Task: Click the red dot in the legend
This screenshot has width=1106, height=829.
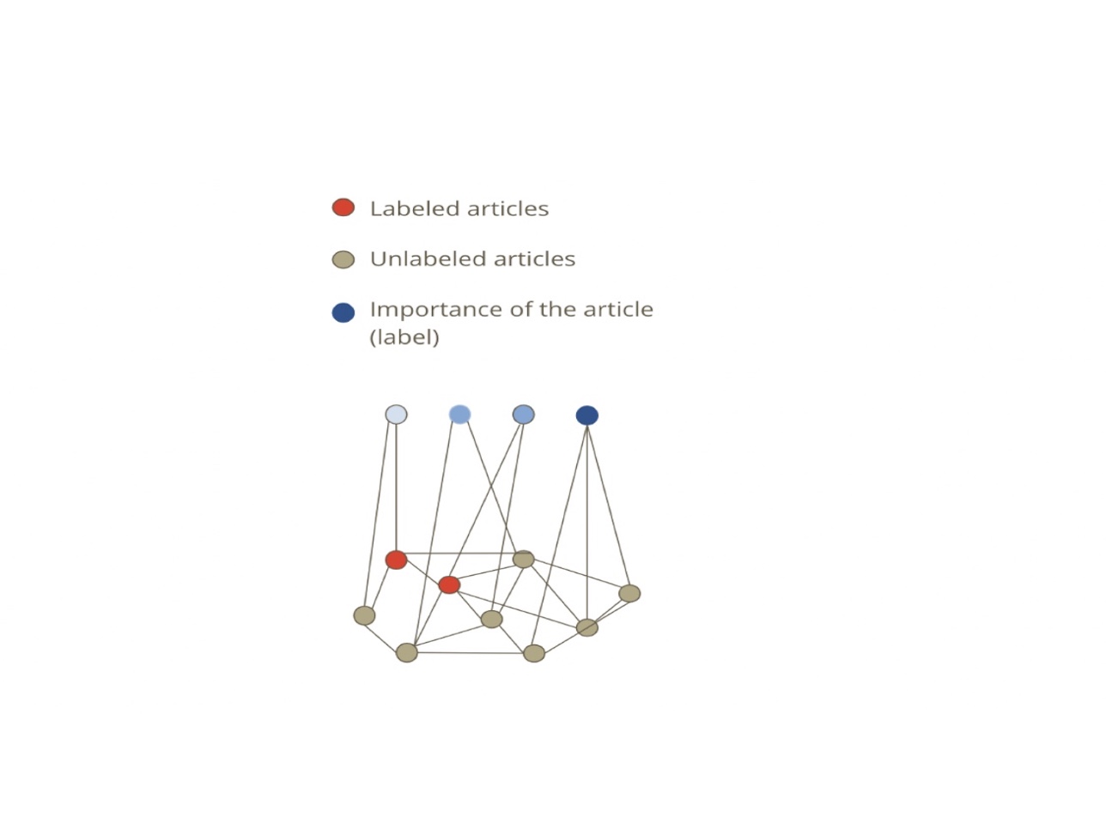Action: point(343,208)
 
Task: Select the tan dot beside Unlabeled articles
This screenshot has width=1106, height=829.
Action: point(343,260)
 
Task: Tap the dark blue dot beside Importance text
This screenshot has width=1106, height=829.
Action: point(343,312)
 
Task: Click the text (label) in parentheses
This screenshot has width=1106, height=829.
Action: point(404,337)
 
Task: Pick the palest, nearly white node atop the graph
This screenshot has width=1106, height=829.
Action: point(396,414)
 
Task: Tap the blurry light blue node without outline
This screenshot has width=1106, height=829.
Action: point(459,414)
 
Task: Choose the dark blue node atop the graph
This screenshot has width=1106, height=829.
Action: point(587,415)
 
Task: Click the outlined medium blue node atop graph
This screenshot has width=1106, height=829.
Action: point(524,414)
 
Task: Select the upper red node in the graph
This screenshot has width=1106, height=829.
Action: point(396,560)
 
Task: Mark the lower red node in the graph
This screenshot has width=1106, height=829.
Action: point(449,585)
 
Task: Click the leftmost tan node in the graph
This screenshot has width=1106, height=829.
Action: point(364,615)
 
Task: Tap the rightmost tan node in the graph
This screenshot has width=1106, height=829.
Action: point(629,594)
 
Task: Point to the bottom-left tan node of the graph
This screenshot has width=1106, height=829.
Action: point(407,653)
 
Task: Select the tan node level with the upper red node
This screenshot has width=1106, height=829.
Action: point(524,559)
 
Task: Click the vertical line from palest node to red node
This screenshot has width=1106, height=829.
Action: point(396,487)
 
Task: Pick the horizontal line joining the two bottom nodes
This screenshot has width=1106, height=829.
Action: point(471,653)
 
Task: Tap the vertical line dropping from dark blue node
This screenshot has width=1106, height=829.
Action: point(587,522)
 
